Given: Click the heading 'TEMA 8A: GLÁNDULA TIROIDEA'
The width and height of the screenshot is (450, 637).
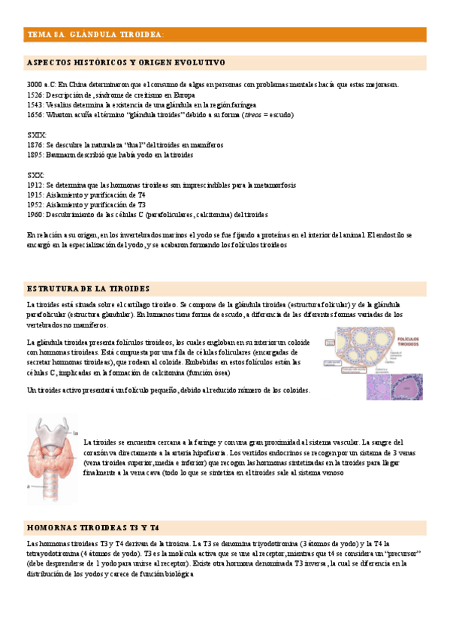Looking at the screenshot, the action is [x=95, y=35].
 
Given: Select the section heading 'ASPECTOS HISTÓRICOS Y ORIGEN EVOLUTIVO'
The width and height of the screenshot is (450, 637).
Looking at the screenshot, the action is [x=125, y=62].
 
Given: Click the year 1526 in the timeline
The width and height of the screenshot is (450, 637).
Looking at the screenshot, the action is [x=34, y=95].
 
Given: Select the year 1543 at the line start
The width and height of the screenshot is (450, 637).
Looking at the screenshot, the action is [x=34, y=105].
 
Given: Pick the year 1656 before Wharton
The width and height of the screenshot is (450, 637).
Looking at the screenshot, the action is [x=34, y=115].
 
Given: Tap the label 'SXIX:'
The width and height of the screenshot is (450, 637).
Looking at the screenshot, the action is [x=36, y=135].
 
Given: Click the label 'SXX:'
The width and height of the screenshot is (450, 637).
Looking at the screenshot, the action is [x=35, y=174].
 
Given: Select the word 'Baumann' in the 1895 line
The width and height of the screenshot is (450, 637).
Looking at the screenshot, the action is [x=62, y=155].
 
